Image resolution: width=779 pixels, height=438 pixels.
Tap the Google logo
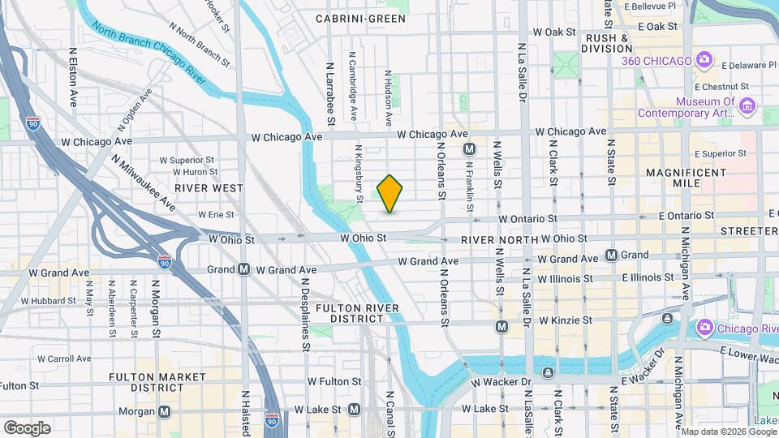tap(27, 428)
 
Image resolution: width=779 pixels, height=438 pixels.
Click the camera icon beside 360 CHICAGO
tap(704, 60)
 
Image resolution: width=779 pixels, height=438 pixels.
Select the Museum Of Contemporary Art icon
tap(747, 106)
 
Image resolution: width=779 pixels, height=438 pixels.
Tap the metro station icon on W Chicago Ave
tap(469, 149)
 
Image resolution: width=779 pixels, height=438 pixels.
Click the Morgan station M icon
tap(165, 411)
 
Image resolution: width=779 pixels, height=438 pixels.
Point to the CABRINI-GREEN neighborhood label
tap(360, 18)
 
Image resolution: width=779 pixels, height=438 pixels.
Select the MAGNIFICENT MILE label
tap(673, 178)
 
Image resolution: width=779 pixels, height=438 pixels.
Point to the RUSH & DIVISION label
tap(607, 43)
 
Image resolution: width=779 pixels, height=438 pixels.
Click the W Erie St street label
tap(216, 215)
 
